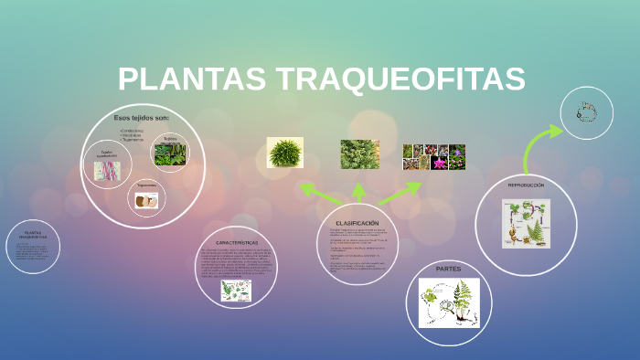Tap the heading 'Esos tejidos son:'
(142, 119)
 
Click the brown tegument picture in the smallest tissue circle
(145, 199)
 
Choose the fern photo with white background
(284, 153)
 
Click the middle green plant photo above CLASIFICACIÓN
(359, 154)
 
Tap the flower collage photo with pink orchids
(434, 157)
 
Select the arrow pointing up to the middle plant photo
(359, 191)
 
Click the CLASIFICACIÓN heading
(357, 223)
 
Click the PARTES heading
(448, 270)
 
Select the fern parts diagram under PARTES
(448, 303)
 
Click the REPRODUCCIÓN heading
(526, 185)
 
